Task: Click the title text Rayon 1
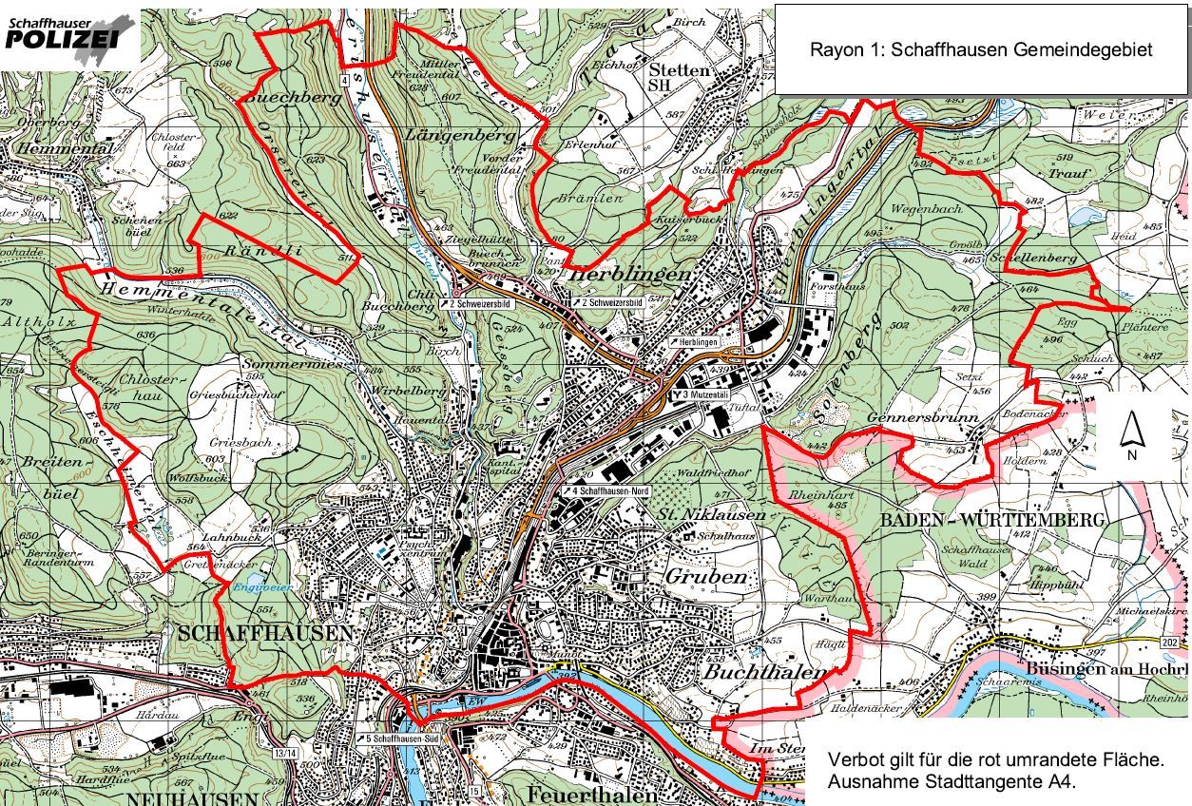coord(980,50)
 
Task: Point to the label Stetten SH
coord(679,77)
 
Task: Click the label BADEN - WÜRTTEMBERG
coord(992,520)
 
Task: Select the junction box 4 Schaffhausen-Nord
coord(613,490)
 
